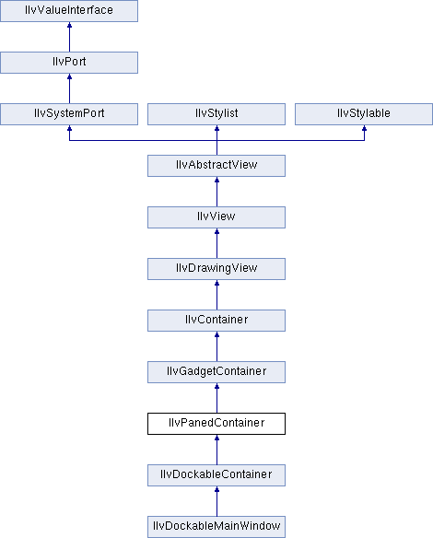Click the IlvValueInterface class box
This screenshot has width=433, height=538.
pyautogui.click(x=69, y=11)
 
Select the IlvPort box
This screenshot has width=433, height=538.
pyautogui.click(x=69, y=63)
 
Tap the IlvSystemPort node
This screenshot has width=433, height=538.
pyautogui.click(x=69, y=114)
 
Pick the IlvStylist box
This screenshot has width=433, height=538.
pyautogui.click(x=216, y=114)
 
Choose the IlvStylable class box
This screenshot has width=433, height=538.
pyautogui.click(x=364, y=114)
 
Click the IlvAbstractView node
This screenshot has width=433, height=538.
pyautogui.click(x=216, y=166)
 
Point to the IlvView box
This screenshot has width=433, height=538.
pyautogui.click(x=216, y=217)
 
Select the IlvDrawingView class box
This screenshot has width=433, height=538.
pyautogui.click(x=216, y=269)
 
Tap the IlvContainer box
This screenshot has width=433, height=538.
pyautogui.click(x=216, y=321)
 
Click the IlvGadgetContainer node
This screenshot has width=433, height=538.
pyautogui.click(x=216, y=372)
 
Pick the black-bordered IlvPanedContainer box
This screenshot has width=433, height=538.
pyautogui.click(x=216, y=424)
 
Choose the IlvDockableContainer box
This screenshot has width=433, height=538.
pyautogui.click(x=216, y=475)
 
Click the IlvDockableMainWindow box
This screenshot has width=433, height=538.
pyautogui.click(x=216, y=527)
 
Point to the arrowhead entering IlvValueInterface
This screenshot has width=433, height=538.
pyautogui.click(x=70, y=25)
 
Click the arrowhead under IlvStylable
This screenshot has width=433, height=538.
pyautogui.click(x=365, y=128)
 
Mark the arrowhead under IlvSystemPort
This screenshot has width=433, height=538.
pyautogui.click(x=70, y=128)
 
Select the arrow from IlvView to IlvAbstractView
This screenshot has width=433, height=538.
pyautogui.click(x=216, y=192)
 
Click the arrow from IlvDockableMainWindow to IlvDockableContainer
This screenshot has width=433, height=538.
pyautogui.click(x=216, y=501)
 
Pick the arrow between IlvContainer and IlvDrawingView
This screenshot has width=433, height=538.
pyautogui.click(x=216, y=295)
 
